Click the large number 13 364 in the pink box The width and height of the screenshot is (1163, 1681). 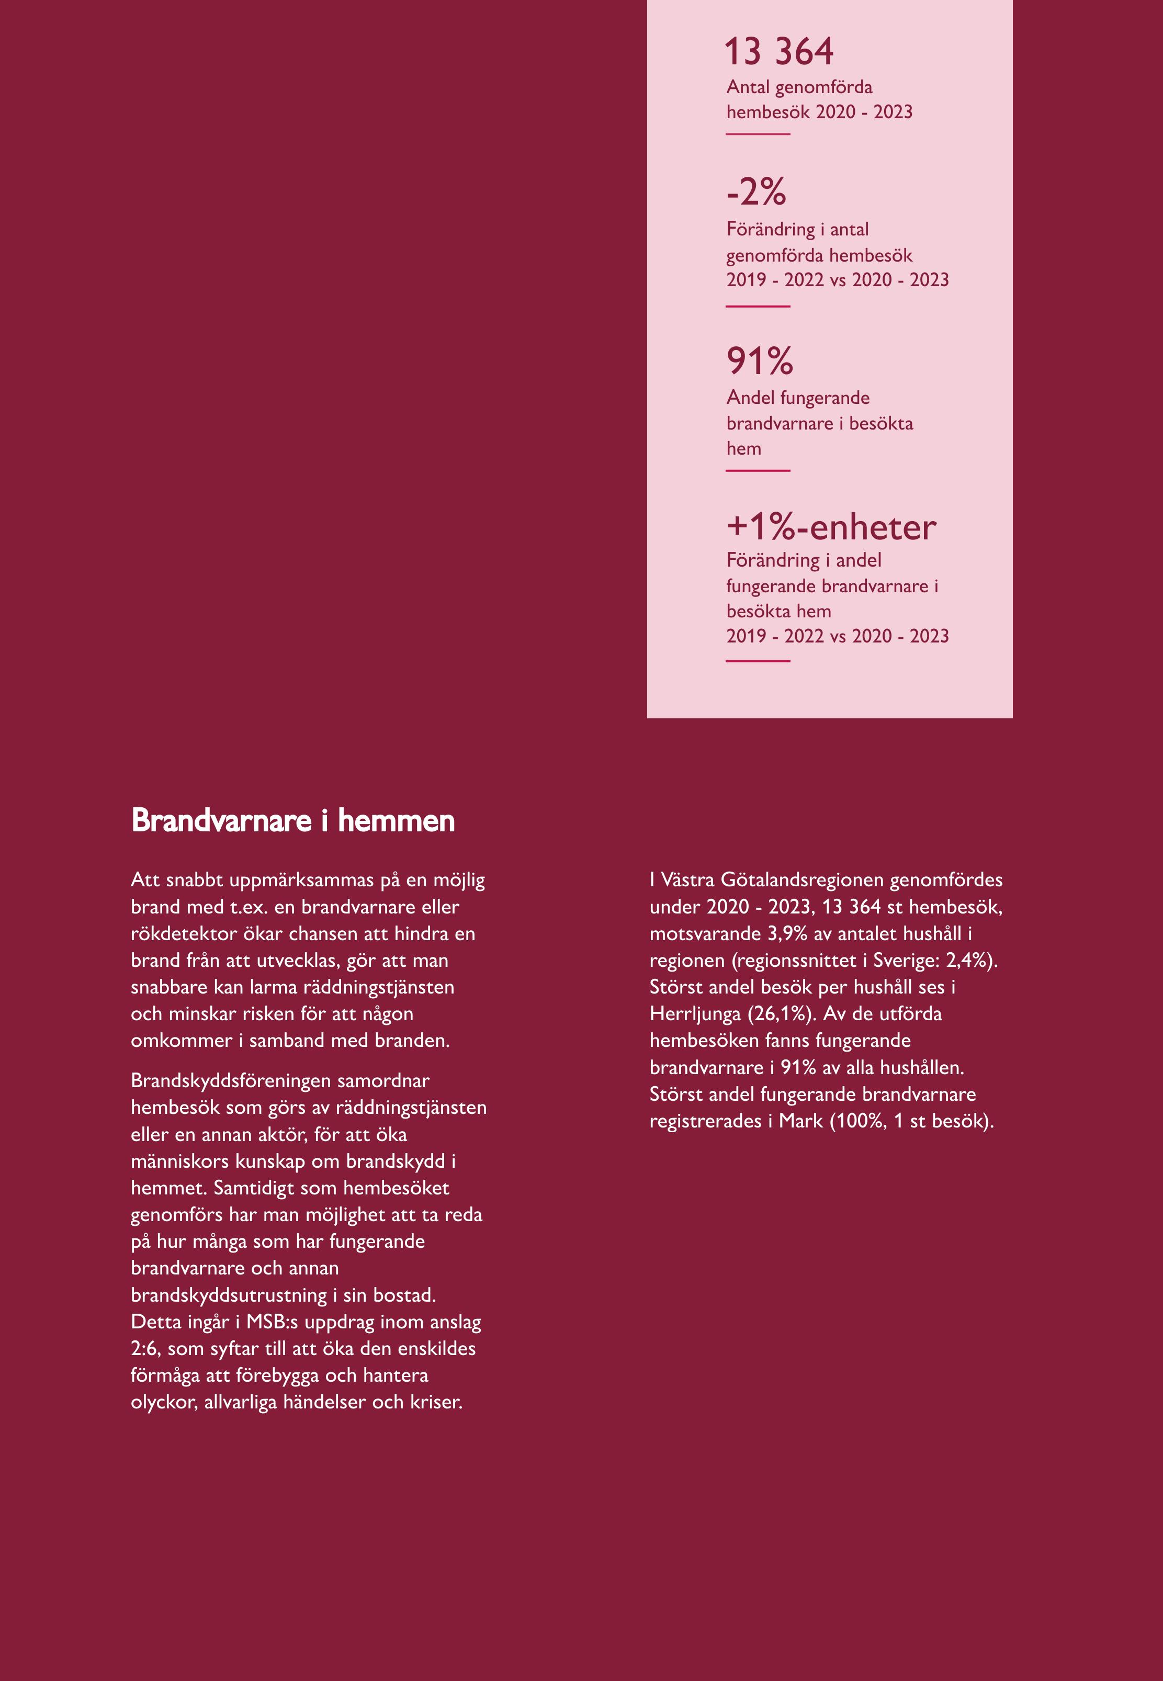[778, 52]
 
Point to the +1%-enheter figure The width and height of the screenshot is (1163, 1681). [831, 527]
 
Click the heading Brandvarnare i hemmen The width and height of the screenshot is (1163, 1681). [293, 820]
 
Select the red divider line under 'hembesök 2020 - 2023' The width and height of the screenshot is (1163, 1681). [758, 134]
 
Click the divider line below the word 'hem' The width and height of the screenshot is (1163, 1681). [758, 471]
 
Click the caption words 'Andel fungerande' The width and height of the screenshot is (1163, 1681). [798, 398]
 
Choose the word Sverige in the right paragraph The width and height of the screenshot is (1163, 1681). [902, 961]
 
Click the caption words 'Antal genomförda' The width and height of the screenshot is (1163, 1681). [799, 87]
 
